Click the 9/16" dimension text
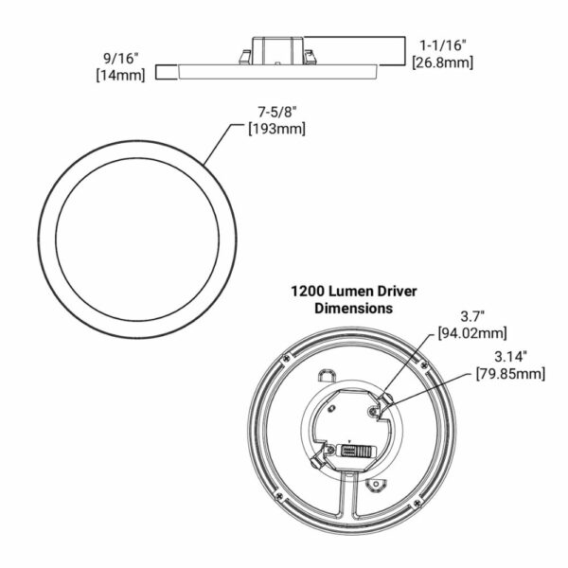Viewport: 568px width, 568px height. point(121,59)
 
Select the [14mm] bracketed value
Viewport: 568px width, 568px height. point(120,76)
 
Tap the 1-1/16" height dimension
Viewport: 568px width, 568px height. point(443,45)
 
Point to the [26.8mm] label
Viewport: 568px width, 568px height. point(443,62)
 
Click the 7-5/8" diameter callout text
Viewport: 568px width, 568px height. point(277,112)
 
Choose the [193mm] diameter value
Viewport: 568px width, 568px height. point(277,129)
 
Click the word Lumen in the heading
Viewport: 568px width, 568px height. point(351,292)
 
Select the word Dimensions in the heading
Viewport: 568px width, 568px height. point(353,309)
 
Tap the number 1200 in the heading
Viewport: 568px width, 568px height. point(309,292)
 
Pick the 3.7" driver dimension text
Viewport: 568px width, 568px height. point(472,316)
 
